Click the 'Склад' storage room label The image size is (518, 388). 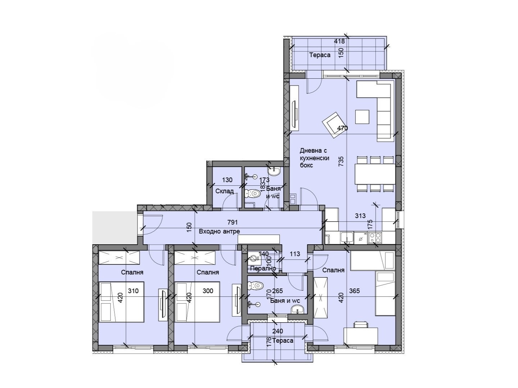[x=224, y=191]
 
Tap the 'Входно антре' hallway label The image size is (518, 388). [x=219, y=231]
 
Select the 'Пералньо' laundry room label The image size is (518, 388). [x=263, y=268]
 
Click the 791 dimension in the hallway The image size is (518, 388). [x=232, y=222]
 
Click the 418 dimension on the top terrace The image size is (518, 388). [x=339, y=41]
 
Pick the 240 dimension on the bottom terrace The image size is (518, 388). [x=277, y=331]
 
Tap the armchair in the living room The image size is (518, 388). [x=333, y=124]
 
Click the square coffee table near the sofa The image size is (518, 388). [x=362, y=116]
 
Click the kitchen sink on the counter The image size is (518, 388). [x=346, y=237]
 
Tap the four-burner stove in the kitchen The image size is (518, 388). [x=375, y=237]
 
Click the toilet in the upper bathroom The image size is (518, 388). [x=253, y=194]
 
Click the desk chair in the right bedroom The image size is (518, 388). [x=360, y=324]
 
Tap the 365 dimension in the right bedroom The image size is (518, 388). [x=354, y=291]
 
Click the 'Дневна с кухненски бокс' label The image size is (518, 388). [x=314, y=158]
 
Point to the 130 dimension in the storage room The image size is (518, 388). [x=227, y=180]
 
